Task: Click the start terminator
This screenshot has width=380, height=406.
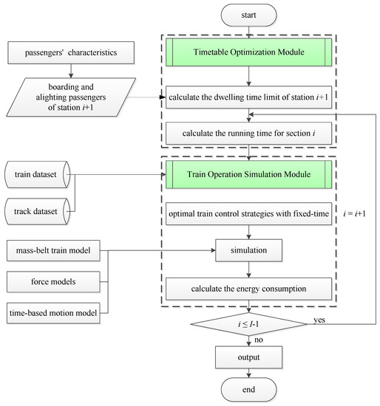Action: click(248, 15)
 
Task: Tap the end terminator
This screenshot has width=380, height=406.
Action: click(248, 390)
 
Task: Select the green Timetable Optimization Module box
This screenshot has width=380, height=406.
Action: click(248, 52)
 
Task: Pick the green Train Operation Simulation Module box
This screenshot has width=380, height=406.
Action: click(248, 174)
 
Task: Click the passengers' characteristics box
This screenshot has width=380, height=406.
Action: click(71, 52)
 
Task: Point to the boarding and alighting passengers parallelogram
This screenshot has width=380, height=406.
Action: click(71, 97)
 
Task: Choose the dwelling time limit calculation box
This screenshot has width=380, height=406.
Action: click(248, 97)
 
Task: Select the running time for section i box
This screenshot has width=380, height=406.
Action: click(248, 134)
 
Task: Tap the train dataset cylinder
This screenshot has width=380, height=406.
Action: click(38, 174)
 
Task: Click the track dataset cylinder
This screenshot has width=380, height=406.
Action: click(38, 211)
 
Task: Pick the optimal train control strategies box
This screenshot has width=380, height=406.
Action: click(248, 213)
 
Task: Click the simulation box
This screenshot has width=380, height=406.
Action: click(248, 250)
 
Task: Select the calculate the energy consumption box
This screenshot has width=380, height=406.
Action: click(248, 289)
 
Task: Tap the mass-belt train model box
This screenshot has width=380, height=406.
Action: click(53, 250)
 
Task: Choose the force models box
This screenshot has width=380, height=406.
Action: click(53, 282)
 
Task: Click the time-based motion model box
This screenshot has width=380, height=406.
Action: click(53, 313)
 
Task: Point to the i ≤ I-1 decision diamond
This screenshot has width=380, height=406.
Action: click(248, 324)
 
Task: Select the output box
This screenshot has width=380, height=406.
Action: click(248, 357)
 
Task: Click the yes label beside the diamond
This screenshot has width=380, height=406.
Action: click(319, 320)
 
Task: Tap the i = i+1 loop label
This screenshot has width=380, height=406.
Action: click(354, 213)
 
